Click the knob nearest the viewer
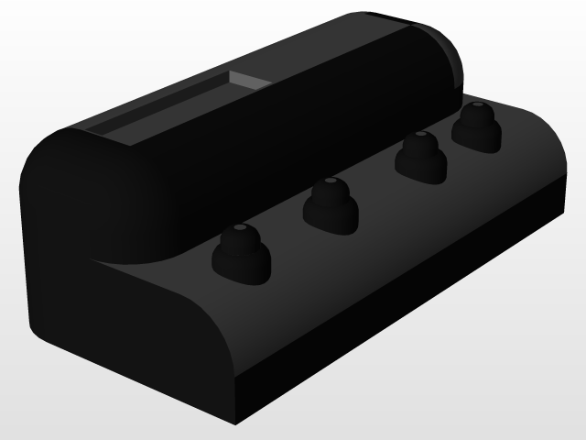[x=241, y=251]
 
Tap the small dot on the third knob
[x=420, y=135]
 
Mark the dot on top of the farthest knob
[x=476, y=106]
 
